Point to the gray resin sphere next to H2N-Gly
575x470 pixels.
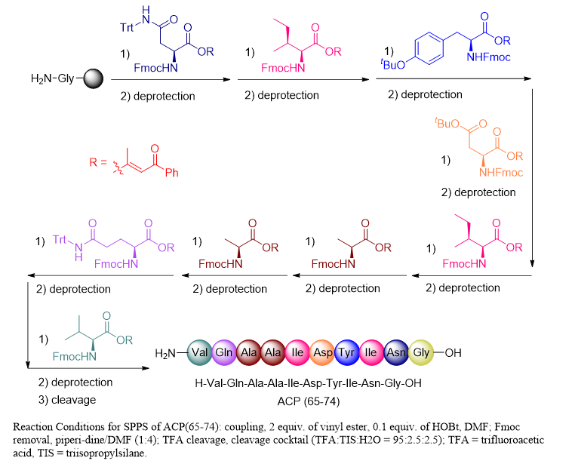pyautogui.click(x=94, y=78)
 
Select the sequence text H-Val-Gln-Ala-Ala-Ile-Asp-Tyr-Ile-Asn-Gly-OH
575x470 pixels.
pyautogui.click(x=308, y=382)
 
